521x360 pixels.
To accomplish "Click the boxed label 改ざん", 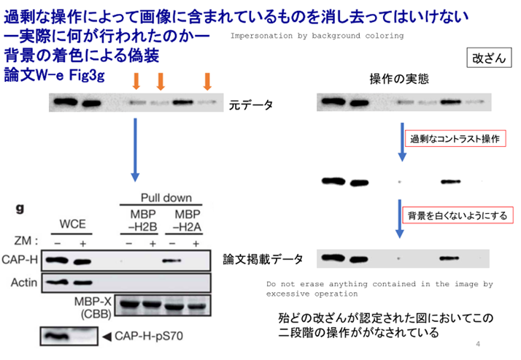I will (487, 58).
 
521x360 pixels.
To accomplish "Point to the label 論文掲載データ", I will (263, 258).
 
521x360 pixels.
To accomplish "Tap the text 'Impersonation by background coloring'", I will (316, 35).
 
